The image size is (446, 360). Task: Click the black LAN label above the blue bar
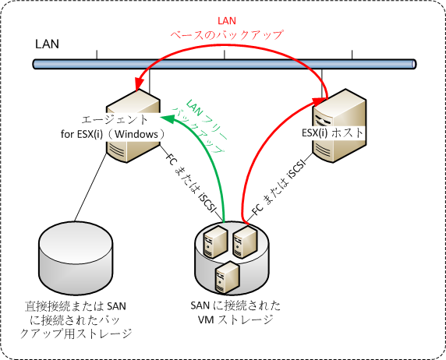point(47,44)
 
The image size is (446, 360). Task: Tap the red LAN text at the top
point(227,21)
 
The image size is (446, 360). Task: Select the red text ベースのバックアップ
point(227,35)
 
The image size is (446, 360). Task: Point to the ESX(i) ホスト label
point(333,132)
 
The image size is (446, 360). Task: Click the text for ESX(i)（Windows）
point(112,134)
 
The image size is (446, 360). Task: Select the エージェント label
point(115,120)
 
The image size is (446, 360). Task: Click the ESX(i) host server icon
point(339,125)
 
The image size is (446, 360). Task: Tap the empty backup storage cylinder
point(76,258)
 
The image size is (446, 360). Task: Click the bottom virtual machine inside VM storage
point(227,278)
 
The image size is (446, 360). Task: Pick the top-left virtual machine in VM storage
point(215,242)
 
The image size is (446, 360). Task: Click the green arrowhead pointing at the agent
point(168,119)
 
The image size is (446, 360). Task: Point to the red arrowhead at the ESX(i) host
point(319,102)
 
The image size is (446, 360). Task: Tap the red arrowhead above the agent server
point(139,84)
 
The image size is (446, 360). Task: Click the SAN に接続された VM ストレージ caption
point(235,312)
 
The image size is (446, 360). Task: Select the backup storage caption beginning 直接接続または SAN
point(76,320)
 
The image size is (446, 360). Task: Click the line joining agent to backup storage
point(90,188)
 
